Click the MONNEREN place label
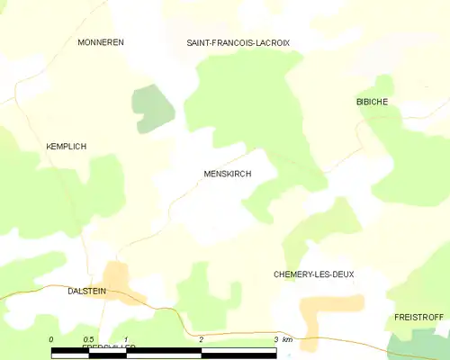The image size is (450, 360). point(100,42)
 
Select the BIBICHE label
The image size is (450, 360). point(372,102)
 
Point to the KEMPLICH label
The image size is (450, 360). point(66,146)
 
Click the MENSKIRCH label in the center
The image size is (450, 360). point(226,174)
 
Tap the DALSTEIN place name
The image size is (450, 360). point(86,291)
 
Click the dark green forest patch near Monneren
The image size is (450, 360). point(153,108)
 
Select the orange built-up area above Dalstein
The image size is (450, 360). point(117,276)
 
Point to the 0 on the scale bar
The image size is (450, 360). point(52,339)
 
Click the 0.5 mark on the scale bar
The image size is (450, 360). point(89,339)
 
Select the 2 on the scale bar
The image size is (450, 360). point(202,339)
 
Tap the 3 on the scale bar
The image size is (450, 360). point(275,339)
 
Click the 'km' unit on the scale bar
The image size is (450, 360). point(287,339)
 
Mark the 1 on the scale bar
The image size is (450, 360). point(127,339)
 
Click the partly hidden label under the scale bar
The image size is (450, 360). point(102,346)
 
